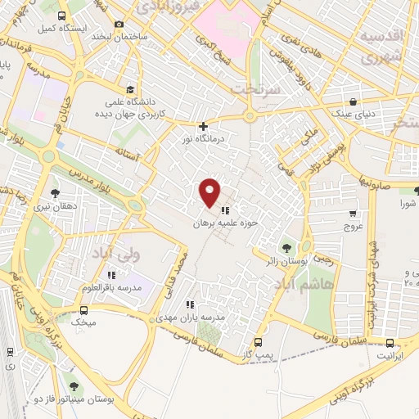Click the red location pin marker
tap(210, 192)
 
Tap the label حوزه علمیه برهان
tap(225, 223)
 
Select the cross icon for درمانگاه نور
tap(204, 126)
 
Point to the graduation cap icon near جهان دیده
tap(129, 90)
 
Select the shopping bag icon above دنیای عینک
tap(353, 102)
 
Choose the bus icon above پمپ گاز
tap(259, 342)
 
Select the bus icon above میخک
tap(83, 310)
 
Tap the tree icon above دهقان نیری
tap(55, 193)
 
